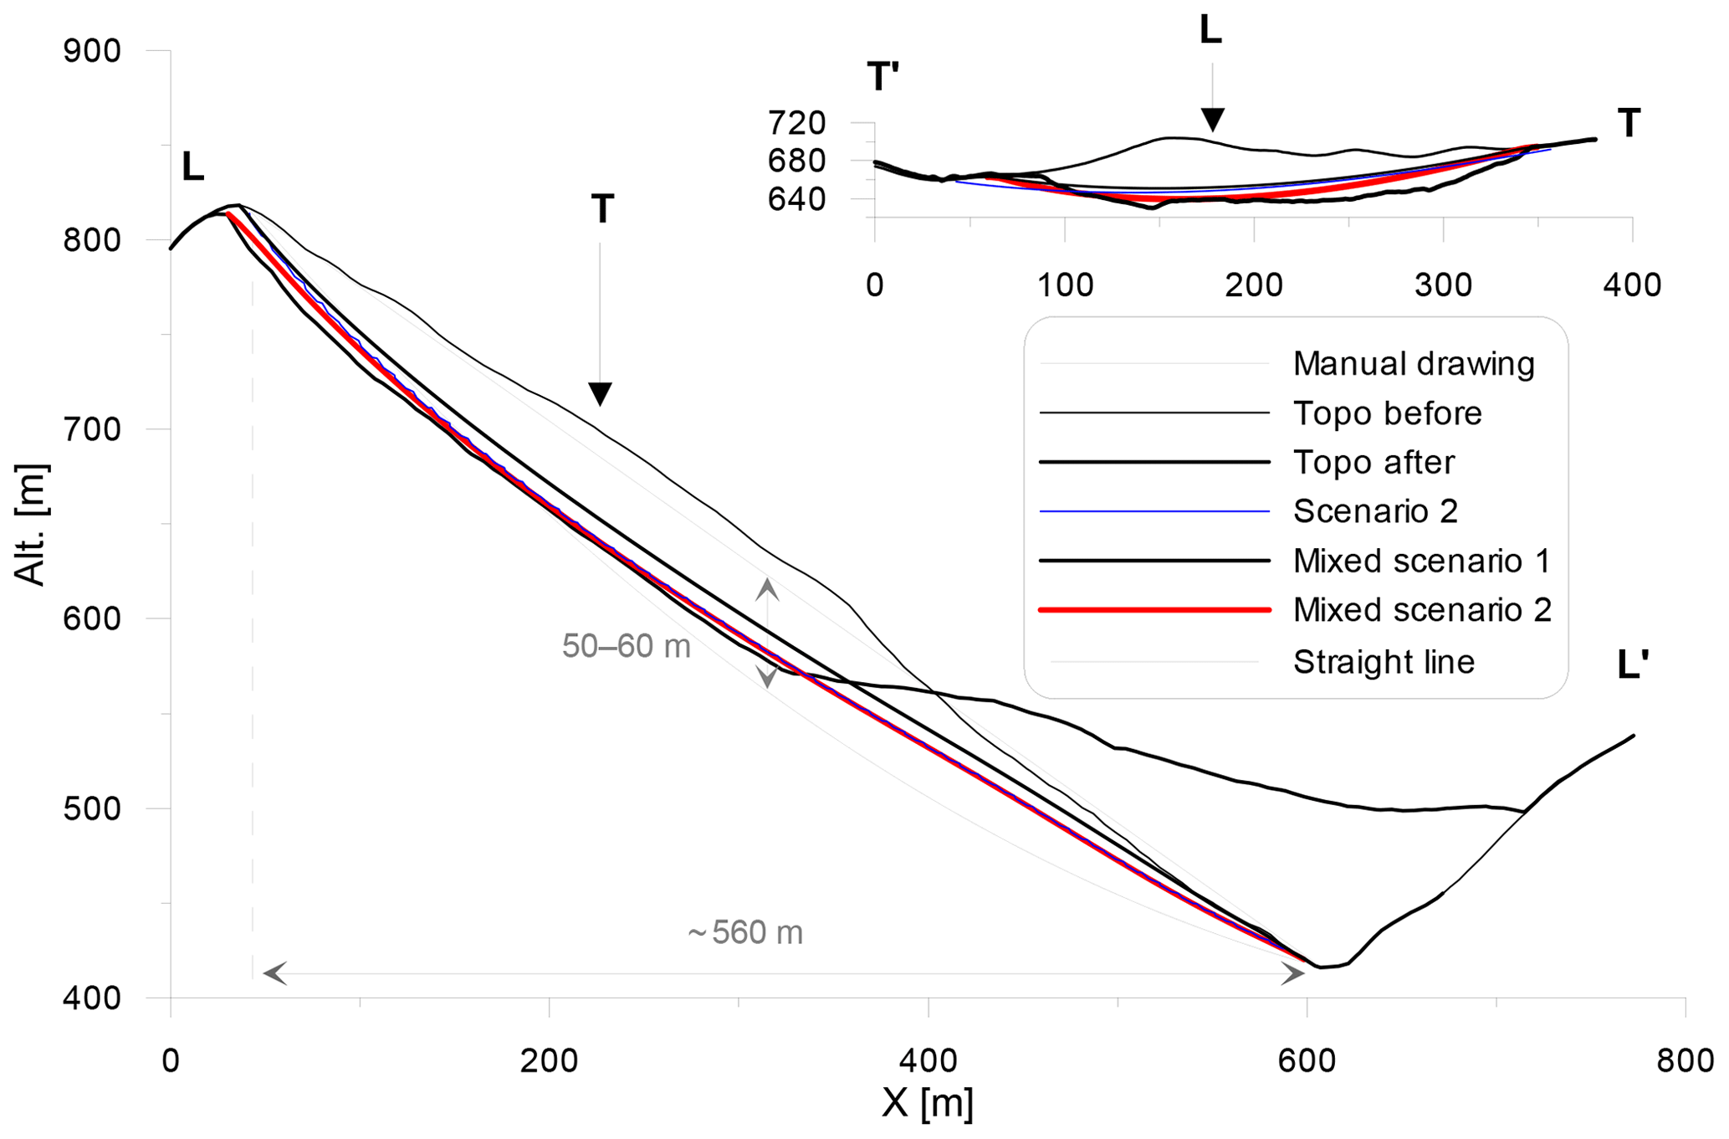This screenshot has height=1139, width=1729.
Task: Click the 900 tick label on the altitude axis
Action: pos(92,51)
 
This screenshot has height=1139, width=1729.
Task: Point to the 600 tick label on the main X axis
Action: pos(1306,1060)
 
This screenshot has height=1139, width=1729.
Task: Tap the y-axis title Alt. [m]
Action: pos(30,524)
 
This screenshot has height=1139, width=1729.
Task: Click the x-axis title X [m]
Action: pos(928,1104)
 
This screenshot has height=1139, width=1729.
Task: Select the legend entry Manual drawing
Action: pos(1414,364)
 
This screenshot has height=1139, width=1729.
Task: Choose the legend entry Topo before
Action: pos(1387,413)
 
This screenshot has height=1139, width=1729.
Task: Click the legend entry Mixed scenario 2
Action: pos(1422,610)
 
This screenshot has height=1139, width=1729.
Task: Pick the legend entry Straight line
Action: pos(1384,662)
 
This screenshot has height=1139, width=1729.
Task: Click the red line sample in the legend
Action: pos(1154,610)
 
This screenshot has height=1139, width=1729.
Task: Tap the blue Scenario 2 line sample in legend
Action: pos(1154,511)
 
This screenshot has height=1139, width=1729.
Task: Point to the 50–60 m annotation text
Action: pos(626,646)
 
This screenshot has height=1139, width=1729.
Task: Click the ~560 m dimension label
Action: pos(744,932)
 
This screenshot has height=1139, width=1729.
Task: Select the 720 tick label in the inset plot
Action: pos(797,123)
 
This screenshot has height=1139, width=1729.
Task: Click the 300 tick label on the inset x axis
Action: pos(1443,285)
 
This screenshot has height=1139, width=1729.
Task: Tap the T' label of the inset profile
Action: pos(883,77)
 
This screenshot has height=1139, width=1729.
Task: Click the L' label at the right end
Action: pos(1632,665)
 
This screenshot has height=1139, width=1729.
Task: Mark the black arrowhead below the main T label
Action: pos(600,393)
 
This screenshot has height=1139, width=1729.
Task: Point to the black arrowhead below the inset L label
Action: pos(1211,120)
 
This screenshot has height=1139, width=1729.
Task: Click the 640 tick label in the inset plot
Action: pos(797,199)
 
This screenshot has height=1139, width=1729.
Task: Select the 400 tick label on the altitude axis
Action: pos(92,998)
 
